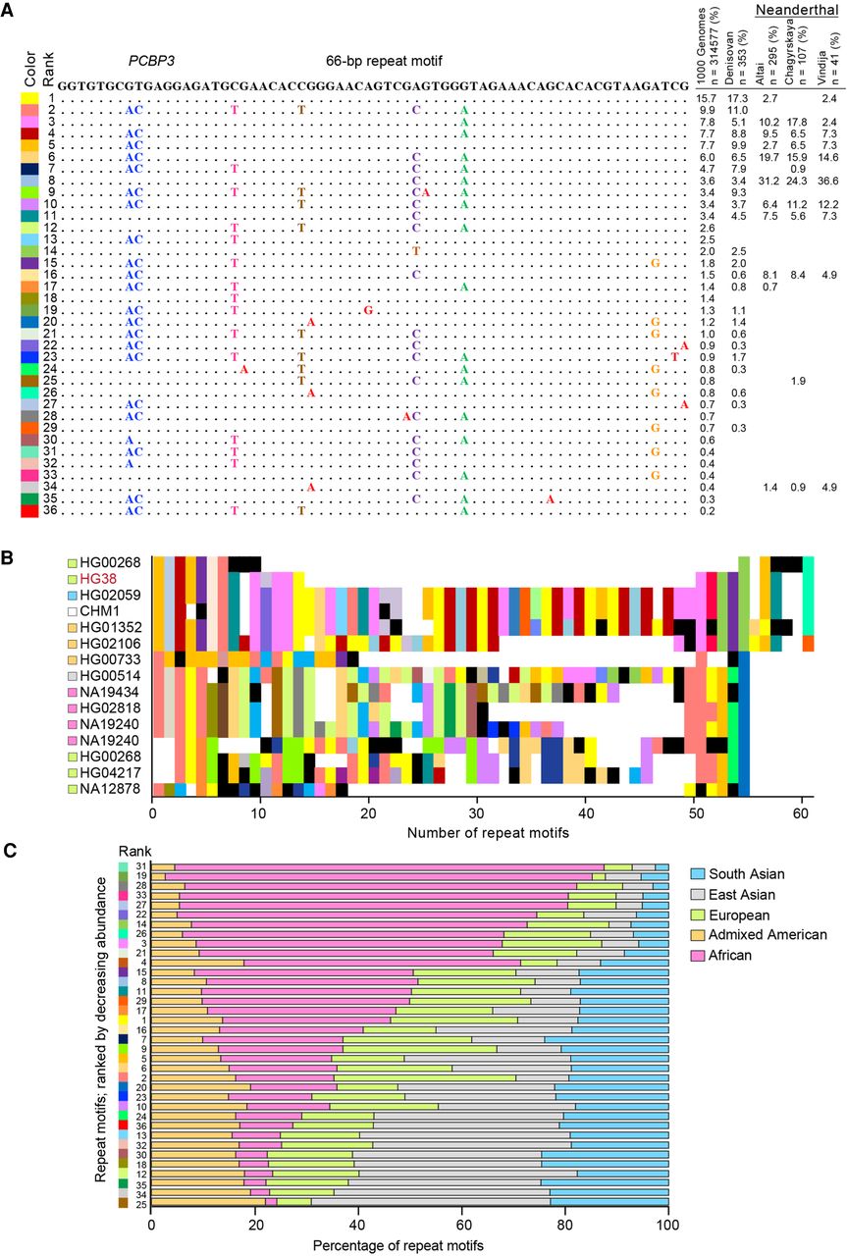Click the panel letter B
7,555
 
